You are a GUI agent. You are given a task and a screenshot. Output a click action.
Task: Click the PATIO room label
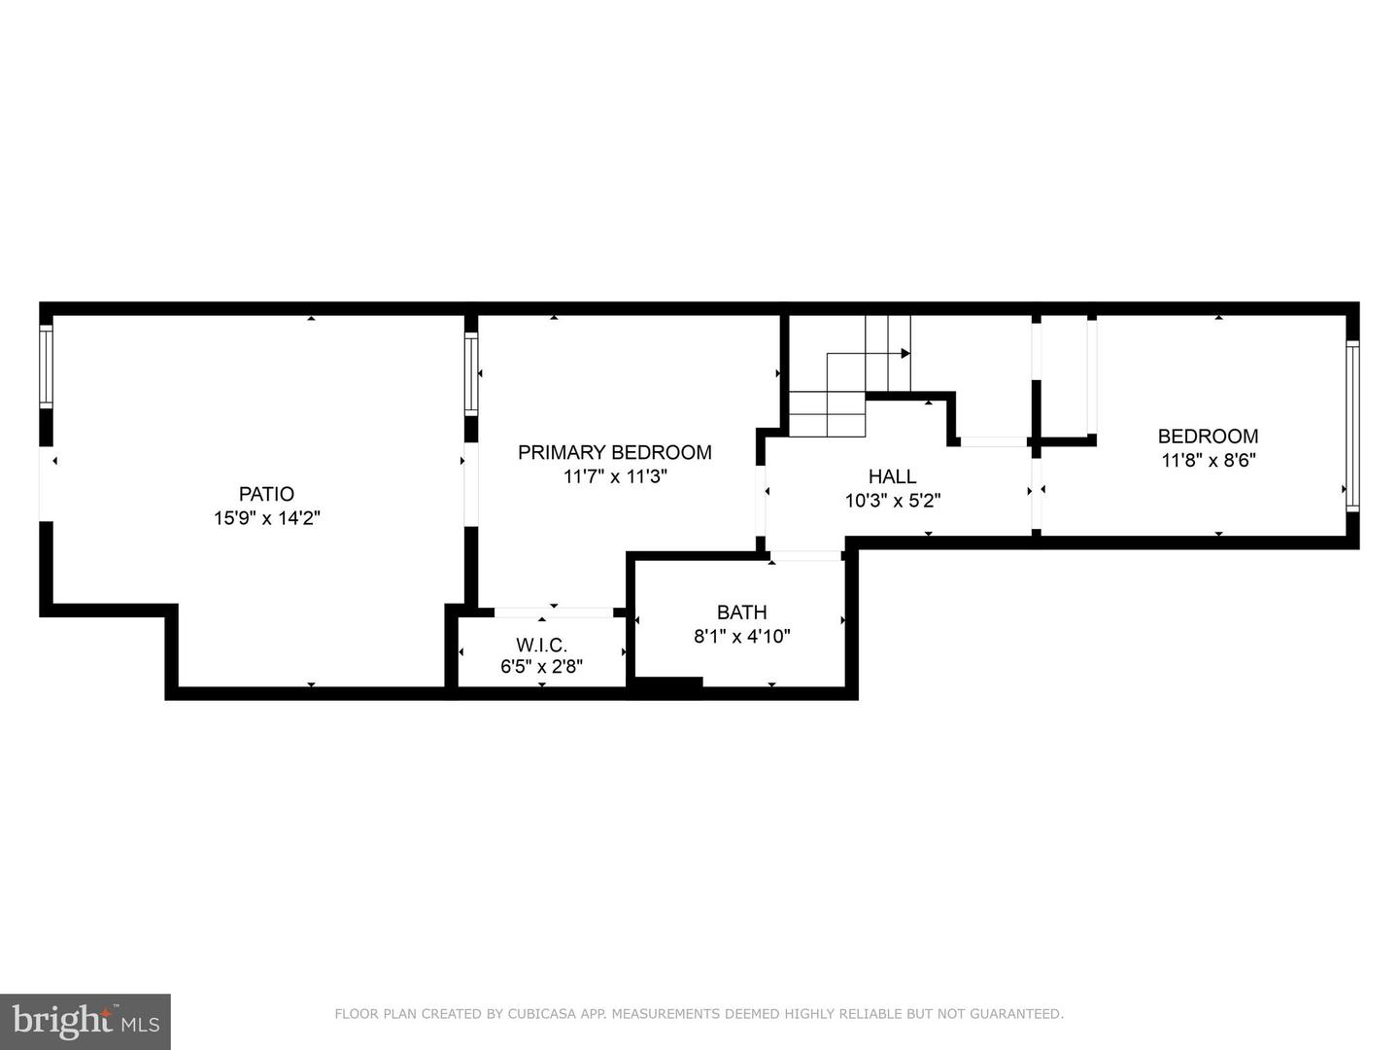(x=266, y=494)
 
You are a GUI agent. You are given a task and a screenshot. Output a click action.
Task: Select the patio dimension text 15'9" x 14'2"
(x=267, y=518)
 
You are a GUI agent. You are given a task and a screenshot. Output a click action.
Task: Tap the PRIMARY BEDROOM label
(x=614, y=452)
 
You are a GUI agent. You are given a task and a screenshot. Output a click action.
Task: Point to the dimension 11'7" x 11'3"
(x=615, y=476)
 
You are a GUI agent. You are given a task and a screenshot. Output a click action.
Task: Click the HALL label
(x=892, y=476)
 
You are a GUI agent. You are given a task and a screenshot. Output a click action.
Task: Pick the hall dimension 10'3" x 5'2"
(x=892, y=501)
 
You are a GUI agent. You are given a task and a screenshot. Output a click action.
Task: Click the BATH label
(x=741, y=612)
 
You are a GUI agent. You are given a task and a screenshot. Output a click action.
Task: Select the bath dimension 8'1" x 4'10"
(x=741, y=637)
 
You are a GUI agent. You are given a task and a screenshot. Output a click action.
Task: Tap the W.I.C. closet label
(x=541, y=645)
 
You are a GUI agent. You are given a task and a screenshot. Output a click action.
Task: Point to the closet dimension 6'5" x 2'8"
(x=541, y=667)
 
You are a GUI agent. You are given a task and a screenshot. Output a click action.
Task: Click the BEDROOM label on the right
(x=1208, y=437)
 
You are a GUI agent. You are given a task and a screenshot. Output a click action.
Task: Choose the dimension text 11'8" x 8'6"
(x=1209, y=461)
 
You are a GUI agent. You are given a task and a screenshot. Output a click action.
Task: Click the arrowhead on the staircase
(x=905, y=353)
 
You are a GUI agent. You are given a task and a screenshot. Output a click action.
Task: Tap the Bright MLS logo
(x=85, y=1021)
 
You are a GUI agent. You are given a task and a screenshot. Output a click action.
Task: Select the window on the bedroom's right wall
(x=1351, y=426)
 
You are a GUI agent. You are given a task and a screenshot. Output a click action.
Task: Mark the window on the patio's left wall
(x=45, y=367)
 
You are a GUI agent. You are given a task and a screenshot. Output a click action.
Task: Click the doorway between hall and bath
(x=805, y=556)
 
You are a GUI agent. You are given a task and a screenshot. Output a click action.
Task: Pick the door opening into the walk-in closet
(x=553, y=612)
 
